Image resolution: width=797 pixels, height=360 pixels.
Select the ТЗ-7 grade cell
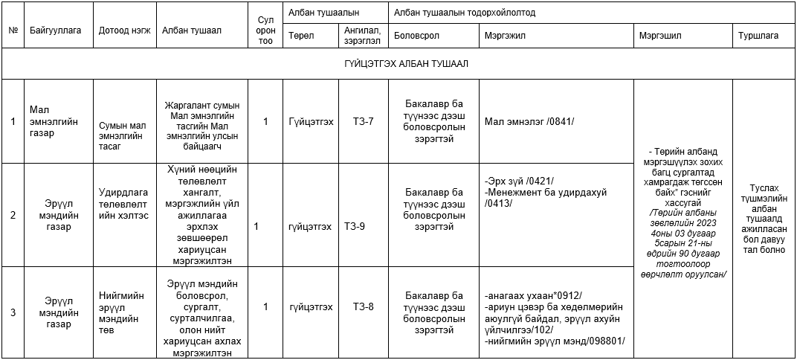pos(364,121)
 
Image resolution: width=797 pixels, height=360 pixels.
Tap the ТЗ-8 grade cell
pos(364,306)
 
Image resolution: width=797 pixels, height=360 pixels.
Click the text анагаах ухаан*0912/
pos(532,295)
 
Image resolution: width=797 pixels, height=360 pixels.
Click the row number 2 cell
pos(13,216)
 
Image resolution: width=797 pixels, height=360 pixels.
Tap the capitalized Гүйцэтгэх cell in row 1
pos(311,121)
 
